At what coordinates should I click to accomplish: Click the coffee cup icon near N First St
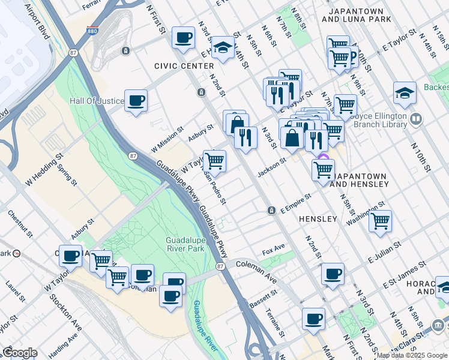(x=183, y=37)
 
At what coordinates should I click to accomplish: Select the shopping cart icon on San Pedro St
(x=215, y=160)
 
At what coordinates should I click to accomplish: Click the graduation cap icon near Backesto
(x=405, y=92)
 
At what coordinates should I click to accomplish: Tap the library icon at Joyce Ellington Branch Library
(x=416, y=119)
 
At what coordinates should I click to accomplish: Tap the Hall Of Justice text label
(x=97, y=101)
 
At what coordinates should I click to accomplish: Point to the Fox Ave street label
(x=273, y=247)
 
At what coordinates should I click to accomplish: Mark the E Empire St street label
(x=296, y=202)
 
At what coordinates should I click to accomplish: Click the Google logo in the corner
(x=19, y=353)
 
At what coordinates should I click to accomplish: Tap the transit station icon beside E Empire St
(x=271, y=210)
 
